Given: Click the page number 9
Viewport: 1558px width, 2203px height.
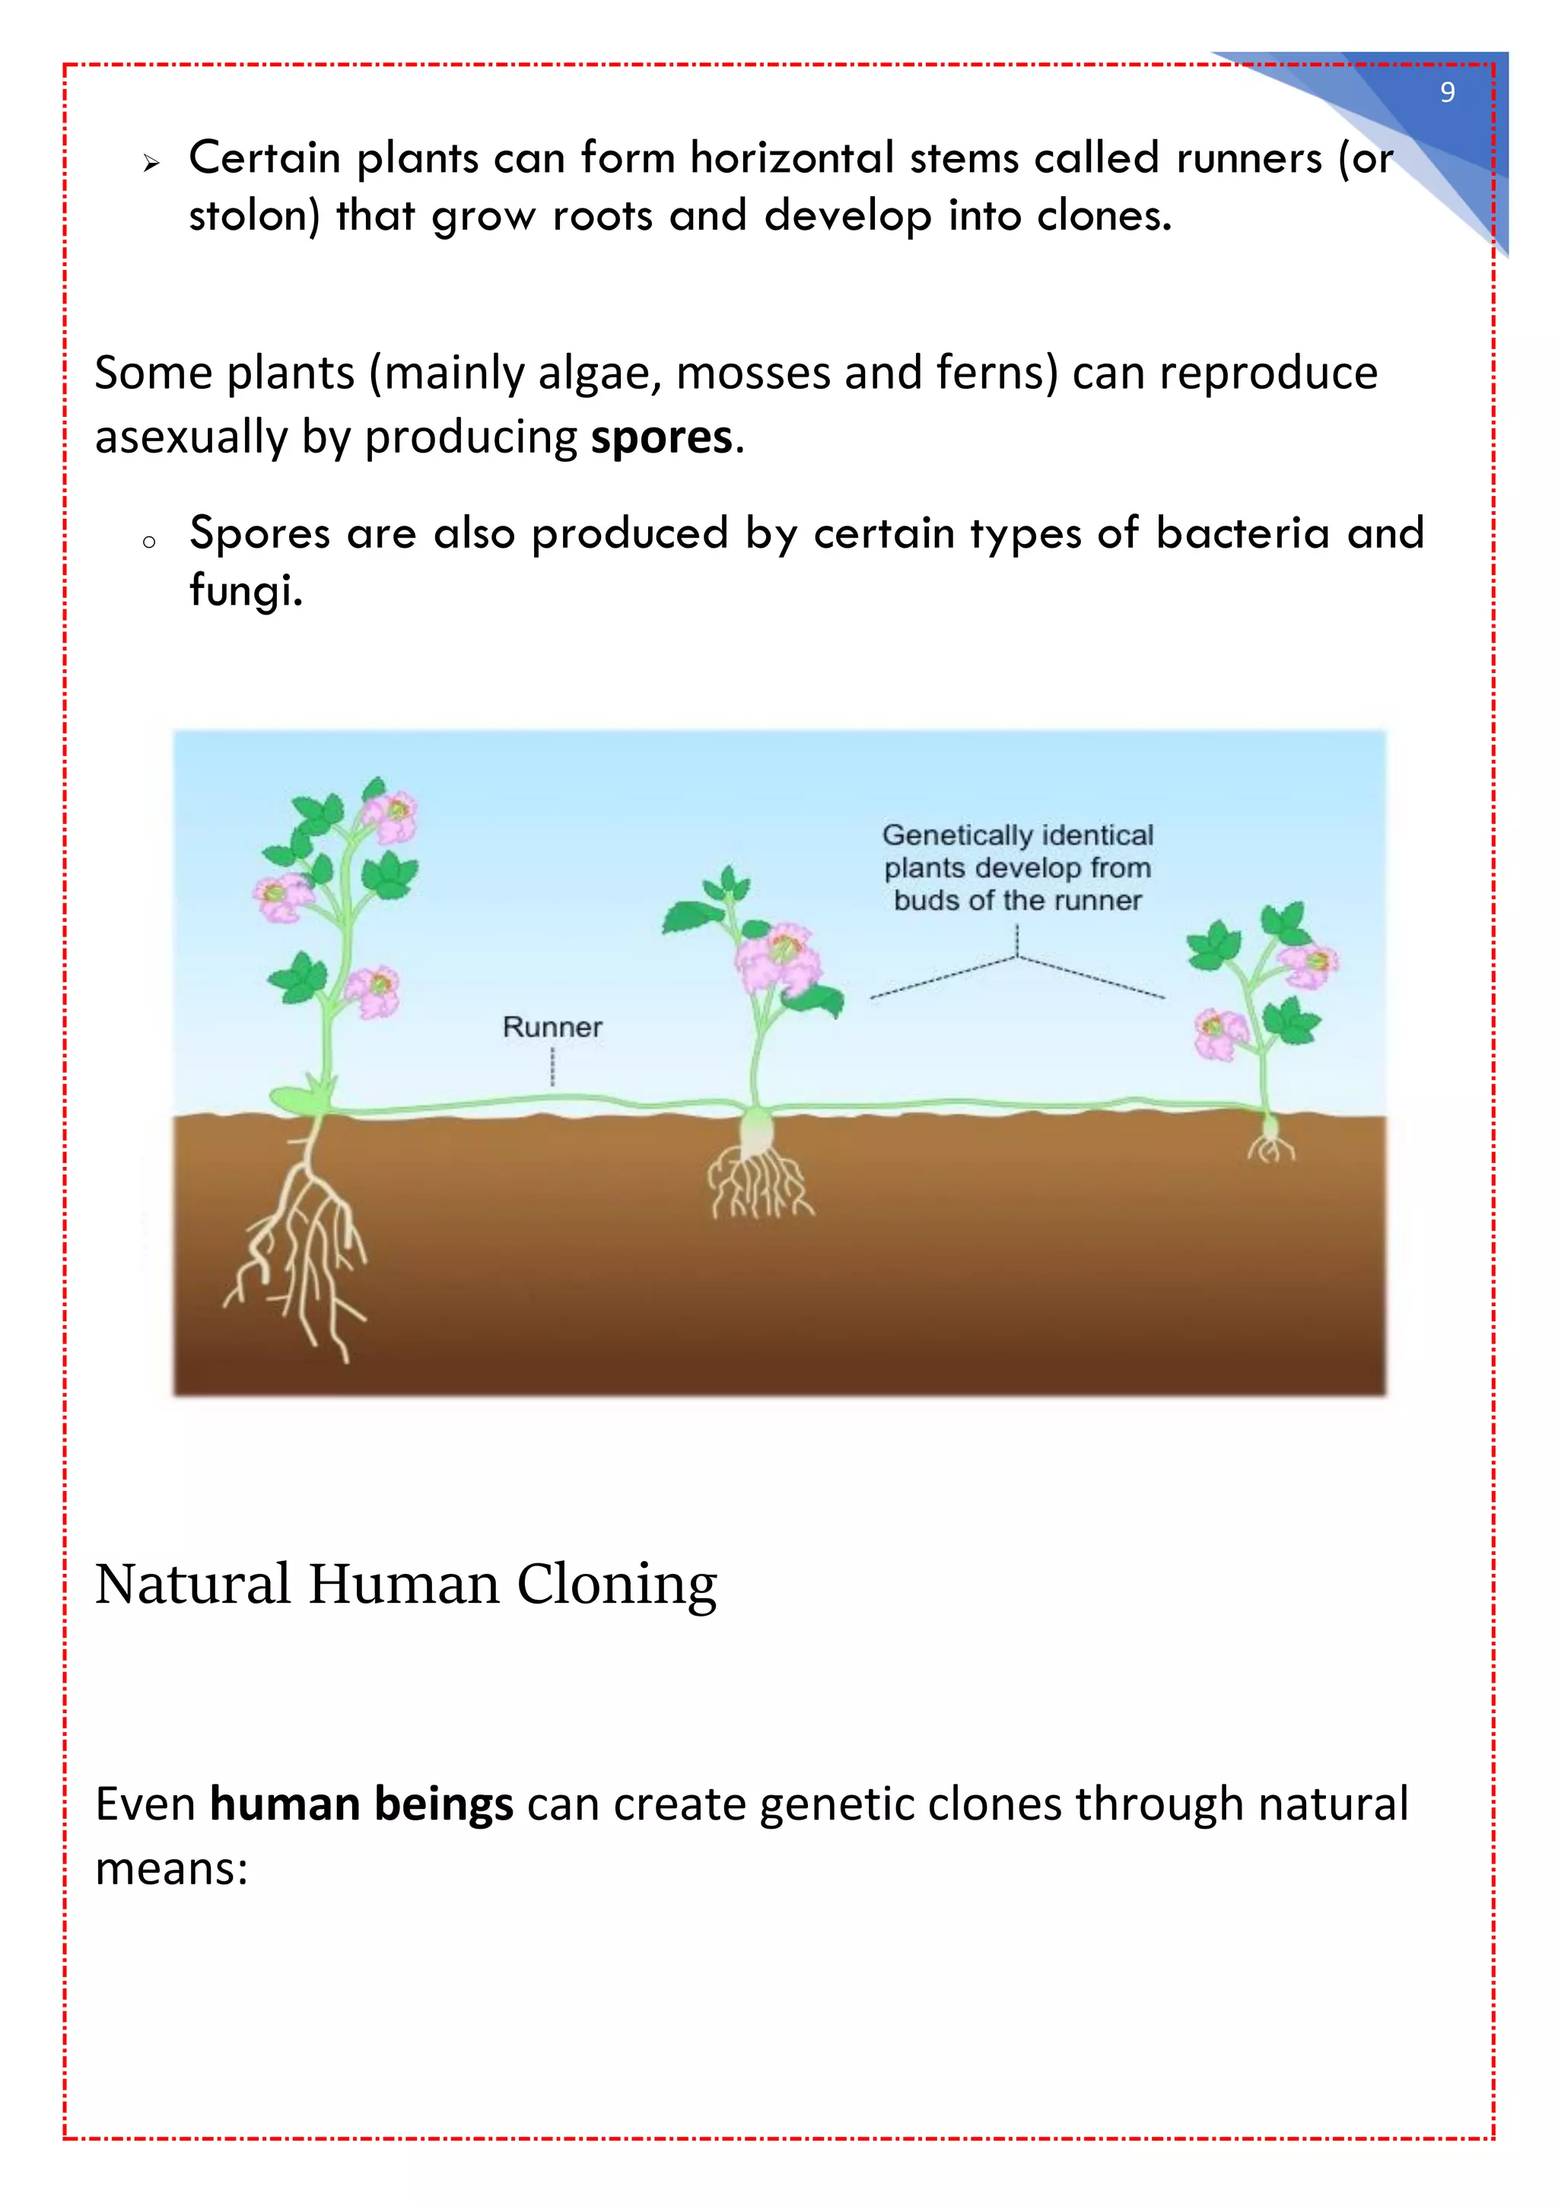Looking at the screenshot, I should (x=1447, y=92).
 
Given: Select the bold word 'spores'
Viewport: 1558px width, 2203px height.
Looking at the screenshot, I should (x=661, y=437).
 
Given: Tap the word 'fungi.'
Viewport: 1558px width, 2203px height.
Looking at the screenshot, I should (x=246, y=590).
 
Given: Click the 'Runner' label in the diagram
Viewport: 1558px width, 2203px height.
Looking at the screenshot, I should (x=552, y=1027).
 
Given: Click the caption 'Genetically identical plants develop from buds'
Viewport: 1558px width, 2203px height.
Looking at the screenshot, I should (x=1017, y=867).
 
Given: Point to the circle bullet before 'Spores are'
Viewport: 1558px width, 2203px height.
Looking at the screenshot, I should (x=148, y=543).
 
